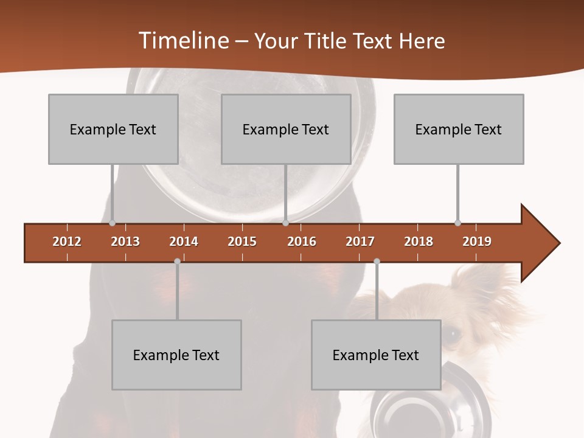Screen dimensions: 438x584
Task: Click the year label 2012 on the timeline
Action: coord(67,242)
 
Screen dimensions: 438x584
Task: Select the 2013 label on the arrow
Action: coord(125,242)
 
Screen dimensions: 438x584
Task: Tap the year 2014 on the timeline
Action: coord(184,242)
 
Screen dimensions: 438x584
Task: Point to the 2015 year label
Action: coord(242,242)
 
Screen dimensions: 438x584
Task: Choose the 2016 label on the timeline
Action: coord(302,242)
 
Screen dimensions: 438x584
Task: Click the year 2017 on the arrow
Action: coord(360,242)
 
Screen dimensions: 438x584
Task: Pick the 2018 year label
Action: coord(419,242)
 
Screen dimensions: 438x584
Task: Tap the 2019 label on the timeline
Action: coord(477,242)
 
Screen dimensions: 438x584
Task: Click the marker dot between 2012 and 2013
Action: coord(112,223)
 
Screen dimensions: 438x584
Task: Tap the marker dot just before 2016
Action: coord(285,223)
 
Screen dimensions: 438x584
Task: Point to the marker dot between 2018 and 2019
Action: coord(457,223)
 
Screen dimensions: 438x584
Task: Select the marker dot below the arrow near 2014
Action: coord(177,262)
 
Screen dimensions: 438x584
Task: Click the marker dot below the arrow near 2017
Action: coord(377,262)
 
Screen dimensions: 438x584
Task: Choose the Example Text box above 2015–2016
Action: coord(285,129)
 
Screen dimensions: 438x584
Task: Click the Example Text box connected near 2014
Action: coord(176,355)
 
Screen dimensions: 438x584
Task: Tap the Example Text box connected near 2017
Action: coord(376,355)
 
